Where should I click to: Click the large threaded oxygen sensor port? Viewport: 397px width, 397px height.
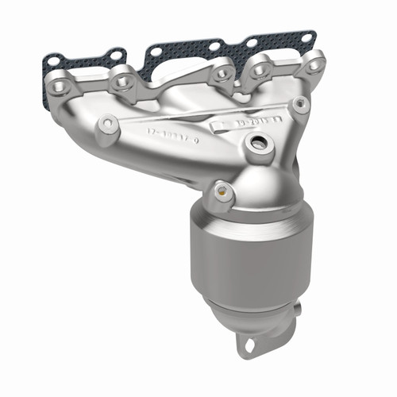256,145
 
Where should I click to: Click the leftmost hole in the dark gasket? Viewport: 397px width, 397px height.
51,61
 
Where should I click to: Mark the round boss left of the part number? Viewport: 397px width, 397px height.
107,125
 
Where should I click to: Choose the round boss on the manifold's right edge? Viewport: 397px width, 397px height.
300,103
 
